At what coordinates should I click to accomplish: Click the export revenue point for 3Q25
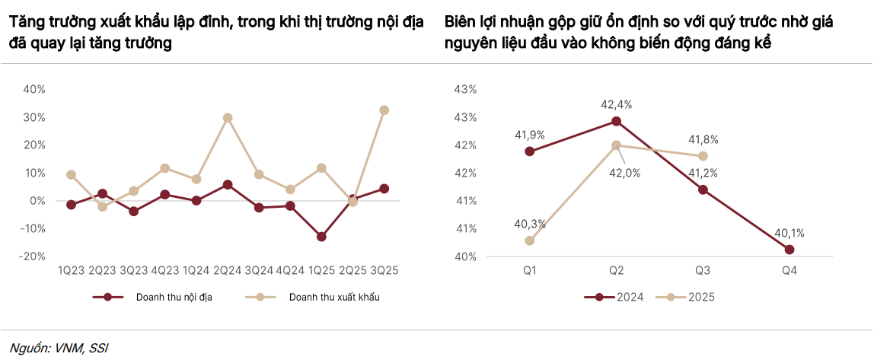coord(384,110)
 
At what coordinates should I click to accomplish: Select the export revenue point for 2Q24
coord(228,118)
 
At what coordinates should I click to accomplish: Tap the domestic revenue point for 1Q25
coord(321,237)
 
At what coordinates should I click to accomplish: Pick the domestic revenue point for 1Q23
coord(71,205)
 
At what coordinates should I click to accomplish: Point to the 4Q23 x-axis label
coord(165,270)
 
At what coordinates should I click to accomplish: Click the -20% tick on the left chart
coord(33,256)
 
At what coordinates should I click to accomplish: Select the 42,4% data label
coord(617,104)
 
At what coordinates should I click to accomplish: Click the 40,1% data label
coord(789,234)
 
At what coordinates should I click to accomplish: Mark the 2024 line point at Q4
coord(789,250)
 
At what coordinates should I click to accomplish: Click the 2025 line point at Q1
coord(530,241)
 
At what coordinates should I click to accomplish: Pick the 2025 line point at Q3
coord(703,156)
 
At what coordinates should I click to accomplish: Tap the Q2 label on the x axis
coord(616,270)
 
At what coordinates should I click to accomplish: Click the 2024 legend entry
coord(629,297)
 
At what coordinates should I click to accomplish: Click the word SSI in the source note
coord(98,349)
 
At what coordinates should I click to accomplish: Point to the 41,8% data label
coord(703,140)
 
